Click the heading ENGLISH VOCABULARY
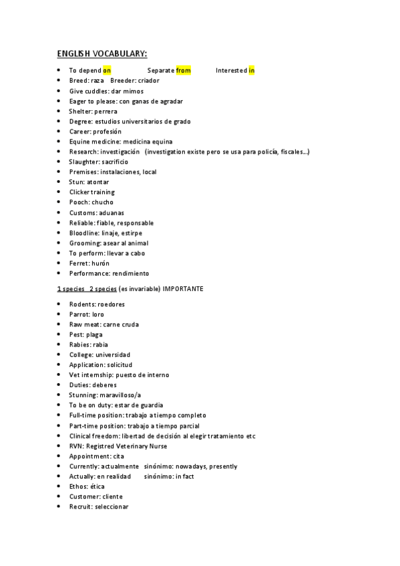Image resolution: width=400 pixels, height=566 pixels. tap(102, 53)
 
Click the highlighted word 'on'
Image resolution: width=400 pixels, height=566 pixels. tap(107, 70)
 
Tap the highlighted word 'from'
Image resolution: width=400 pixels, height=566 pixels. tap(184, 70)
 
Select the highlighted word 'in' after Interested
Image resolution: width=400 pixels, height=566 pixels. tap(251, 70)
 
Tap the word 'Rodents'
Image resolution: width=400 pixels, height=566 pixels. tap(82, 304)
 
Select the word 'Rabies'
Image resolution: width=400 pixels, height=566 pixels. tap(79, 344)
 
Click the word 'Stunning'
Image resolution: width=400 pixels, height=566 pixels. tap(83, 395)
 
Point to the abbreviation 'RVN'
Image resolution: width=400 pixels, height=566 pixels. tap(76, 446)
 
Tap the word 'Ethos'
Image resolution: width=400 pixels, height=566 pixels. tap(78, 487)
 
